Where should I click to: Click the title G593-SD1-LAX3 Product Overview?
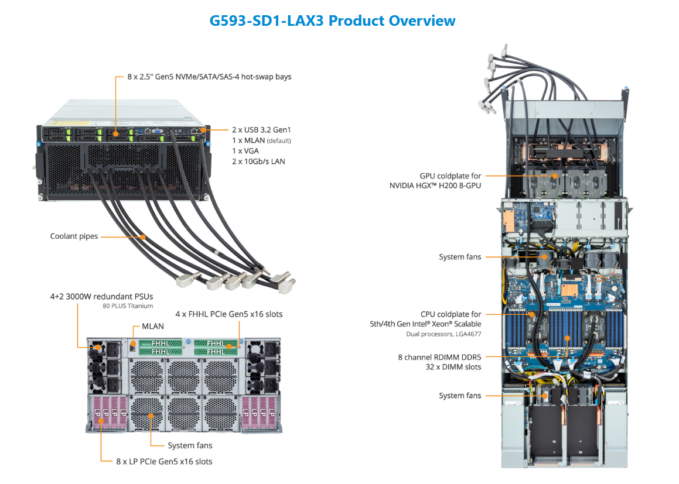332,20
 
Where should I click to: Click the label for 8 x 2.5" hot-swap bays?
209,77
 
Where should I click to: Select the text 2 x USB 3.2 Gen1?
261,130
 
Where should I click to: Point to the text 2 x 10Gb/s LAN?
258,161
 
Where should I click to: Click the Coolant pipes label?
74,236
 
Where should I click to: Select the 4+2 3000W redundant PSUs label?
101,296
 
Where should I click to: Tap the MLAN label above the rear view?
153,326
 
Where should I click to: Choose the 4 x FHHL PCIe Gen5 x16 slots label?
229,314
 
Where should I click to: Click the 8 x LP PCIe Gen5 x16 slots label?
164,461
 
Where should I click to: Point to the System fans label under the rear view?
190,445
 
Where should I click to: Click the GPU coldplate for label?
450,176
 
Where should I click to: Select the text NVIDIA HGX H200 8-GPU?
435,186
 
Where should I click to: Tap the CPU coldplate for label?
451,314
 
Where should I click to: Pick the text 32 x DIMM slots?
453,367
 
